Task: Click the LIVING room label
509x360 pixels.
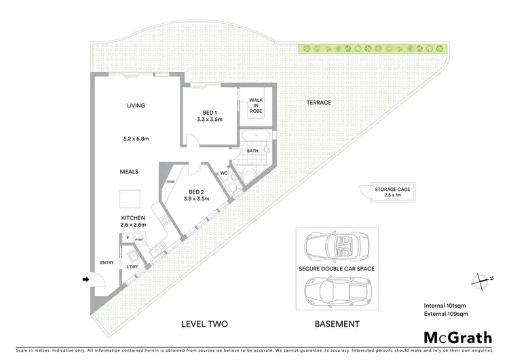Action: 136,105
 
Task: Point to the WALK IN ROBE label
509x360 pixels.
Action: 256,105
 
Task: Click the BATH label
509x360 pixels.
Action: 252,151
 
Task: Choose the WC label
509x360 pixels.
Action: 223,173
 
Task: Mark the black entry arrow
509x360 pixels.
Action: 86,278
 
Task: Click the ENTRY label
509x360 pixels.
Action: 107,263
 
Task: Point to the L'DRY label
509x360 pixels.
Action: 132,267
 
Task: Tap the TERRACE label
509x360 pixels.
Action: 318,103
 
